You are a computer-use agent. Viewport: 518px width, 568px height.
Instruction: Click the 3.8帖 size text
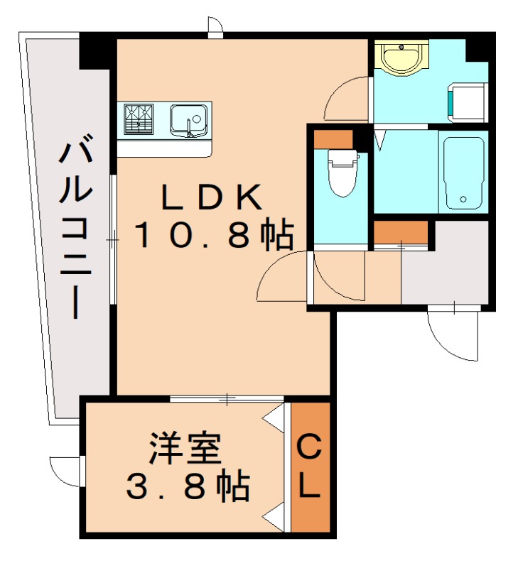[187, 487]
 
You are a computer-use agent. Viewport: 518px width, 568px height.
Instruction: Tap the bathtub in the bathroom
[463, 172]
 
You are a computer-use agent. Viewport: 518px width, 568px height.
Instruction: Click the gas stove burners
[139, 119]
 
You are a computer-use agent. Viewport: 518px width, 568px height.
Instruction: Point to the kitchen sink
[188, 119]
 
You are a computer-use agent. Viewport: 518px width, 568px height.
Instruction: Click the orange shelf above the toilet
[333, 140]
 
